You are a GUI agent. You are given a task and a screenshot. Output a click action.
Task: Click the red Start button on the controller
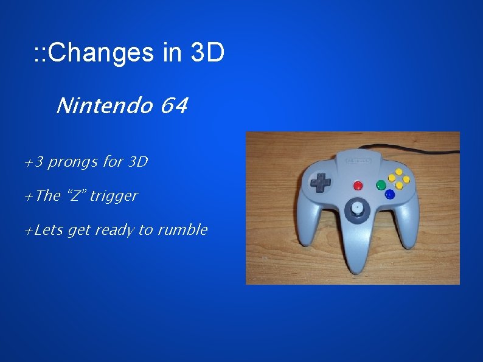pos(358,185)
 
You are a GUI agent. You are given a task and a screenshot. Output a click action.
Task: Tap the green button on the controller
pos(381,184)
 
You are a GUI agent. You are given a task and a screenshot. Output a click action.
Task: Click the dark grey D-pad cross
pos(321,181)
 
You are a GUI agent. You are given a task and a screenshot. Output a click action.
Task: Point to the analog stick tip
pos(357,209)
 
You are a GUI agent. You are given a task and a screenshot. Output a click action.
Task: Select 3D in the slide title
pos(207,54)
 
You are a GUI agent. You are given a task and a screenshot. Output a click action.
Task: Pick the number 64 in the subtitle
pos(175,107)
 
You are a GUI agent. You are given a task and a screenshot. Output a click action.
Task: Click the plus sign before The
pos(28,197)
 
